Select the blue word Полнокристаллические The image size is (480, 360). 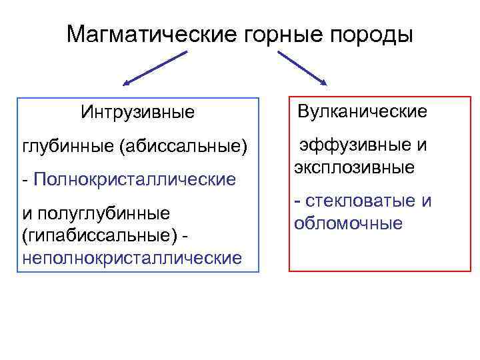(x=134, y=179)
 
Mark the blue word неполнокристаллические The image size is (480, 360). (x=132, y=257)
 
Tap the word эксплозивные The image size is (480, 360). (x=354, y=167)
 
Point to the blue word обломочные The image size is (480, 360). (x=348, y=223)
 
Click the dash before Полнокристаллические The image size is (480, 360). (x=25, y=179)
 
